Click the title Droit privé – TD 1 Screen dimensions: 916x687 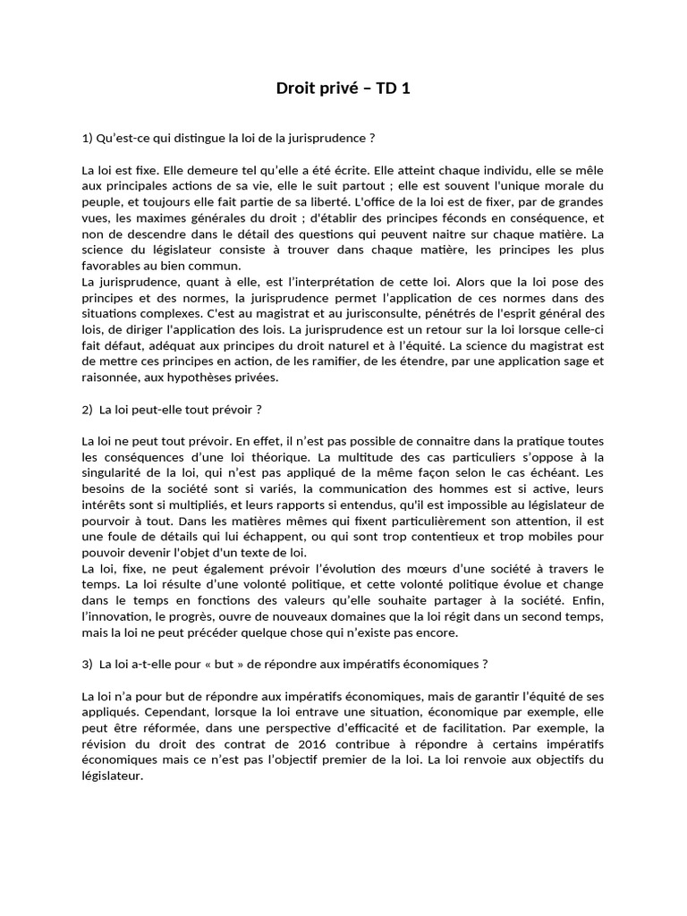point(343,88)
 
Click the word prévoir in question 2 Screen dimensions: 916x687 point(229,409)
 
